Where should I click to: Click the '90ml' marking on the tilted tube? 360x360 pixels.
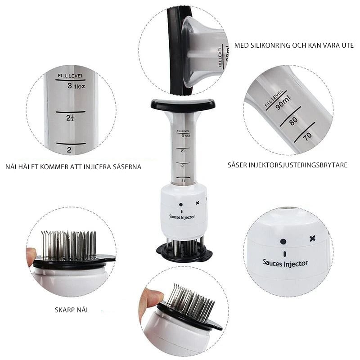pos(283,103)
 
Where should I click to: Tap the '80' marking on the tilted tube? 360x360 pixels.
pos(293,121)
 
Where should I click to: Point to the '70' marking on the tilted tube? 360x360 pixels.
pos(307,136)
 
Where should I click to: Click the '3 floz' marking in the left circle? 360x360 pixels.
pos(76,86)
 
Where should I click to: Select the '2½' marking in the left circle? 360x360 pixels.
pos(70,118)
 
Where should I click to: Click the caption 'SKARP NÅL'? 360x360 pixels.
pos(72,310)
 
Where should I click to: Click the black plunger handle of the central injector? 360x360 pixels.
pos(183,105)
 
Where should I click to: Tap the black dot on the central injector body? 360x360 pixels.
pos(181,205)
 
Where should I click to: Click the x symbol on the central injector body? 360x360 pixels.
pos(197,203)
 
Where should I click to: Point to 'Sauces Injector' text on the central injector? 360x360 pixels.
pos(182,217)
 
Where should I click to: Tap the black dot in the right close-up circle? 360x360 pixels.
pos(283,242)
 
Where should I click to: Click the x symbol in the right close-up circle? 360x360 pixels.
pos(312,238)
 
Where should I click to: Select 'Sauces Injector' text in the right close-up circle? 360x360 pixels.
pos(285,264)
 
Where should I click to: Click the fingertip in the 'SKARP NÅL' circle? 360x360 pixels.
pos(31,254)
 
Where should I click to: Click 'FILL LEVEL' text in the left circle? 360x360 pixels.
pos(71,76)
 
